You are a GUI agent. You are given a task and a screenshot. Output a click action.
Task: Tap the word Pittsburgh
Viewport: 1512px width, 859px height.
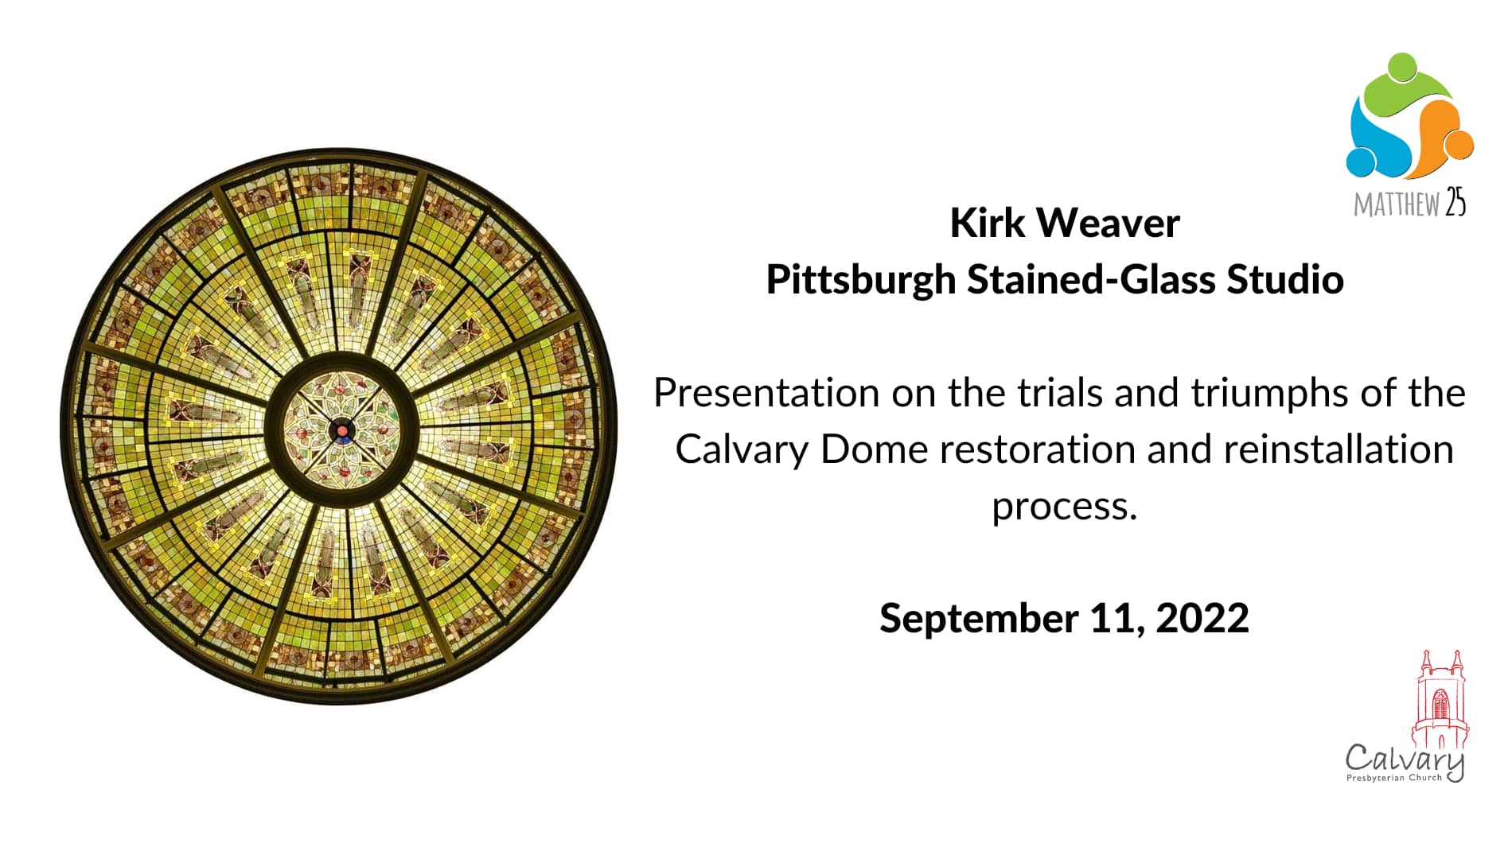(x=861, y=279)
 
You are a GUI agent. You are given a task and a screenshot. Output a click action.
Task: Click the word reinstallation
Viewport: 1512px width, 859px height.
(x=1339, y=449)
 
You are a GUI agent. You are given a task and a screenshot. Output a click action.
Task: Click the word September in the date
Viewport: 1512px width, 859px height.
(x=978, y=619)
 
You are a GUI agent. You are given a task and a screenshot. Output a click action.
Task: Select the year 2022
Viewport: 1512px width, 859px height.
(x=1202, y=619)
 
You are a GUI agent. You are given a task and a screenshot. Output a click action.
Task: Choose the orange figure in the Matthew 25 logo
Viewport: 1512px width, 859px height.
(x=1444, y=135)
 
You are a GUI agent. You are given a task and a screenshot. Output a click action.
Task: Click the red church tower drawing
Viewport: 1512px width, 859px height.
(x=1440, y=700)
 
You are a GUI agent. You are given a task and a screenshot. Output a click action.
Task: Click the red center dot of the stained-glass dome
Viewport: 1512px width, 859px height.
(x=342, y=431)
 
